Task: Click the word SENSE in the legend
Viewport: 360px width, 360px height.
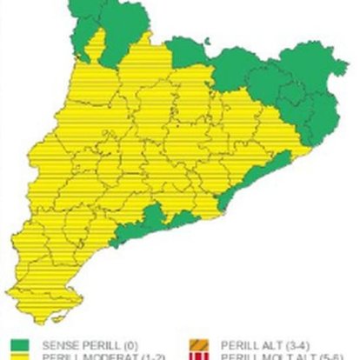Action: tap(57, 342)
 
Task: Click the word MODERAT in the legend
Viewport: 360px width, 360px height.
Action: tap(97, 356)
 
